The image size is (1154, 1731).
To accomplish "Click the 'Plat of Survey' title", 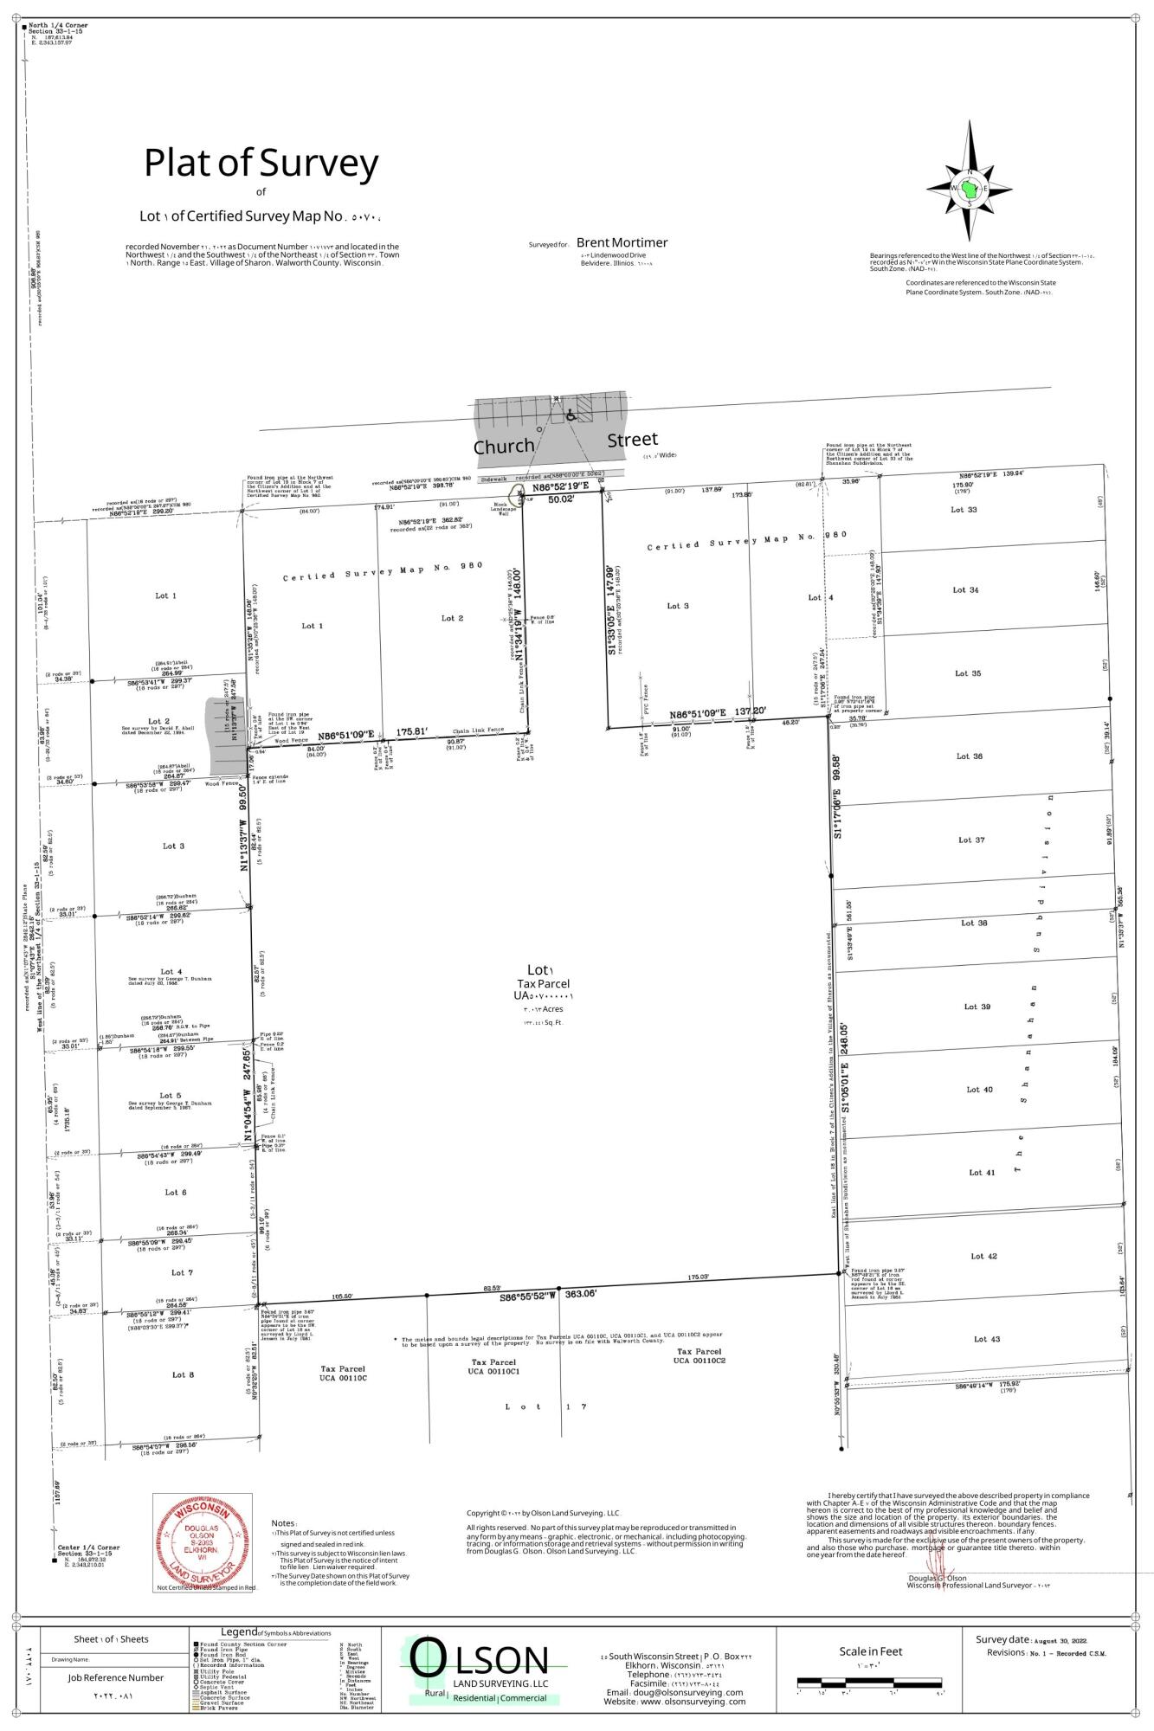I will coord(261,163).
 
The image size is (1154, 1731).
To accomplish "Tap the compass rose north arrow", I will coord(970,188).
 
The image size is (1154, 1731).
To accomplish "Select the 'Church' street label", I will coord(503,447).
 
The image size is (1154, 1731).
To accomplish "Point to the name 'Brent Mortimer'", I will coord(622,243).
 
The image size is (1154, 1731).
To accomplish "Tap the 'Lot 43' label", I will coord(986,1339).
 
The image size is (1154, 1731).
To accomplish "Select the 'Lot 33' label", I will coord(964,510).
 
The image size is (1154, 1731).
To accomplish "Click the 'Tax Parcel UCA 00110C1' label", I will coord(493,1367).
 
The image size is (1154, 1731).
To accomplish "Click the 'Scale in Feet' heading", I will coord(870,1651).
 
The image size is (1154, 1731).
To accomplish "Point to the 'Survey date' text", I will coord(1002,1640).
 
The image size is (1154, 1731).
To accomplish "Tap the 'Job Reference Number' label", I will coord(116,1677).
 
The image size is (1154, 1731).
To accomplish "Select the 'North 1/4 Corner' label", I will coord(59,26).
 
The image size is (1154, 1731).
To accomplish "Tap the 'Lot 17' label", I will coord(545,1406).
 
